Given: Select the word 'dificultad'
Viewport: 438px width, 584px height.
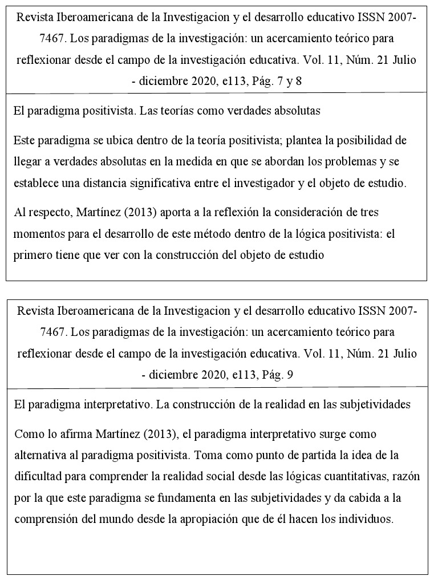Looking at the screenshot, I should pyautogui.click(x=37, y=477).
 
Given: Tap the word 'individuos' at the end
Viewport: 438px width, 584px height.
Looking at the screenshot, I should pyautogui.click(x=367, y=520).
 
